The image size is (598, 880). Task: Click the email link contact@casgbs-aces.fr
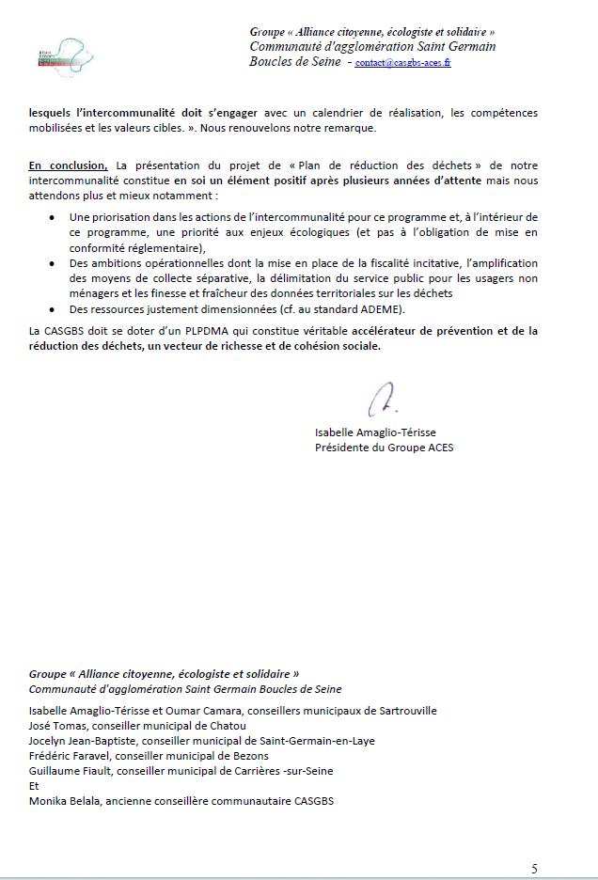click(x=402, y=63)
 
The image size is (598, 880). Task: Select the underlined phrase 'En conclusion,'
click(x=68, y=166)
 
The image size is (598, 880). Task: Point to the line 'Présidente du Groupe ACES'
click(x=384, y=448)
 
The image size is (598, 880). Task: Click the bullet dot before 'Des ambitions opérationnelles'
click(x=51, y=264)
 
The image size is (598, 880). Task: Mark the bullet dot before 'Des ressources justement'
click(x=51, y=310)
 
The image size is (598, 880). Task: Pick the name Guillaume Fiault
click(x=69, y=771)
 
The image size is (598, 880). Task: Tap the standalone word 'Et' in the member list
click(x=35, y=786)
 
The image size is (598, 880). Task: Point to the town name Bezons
click(x=249, y=756)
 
